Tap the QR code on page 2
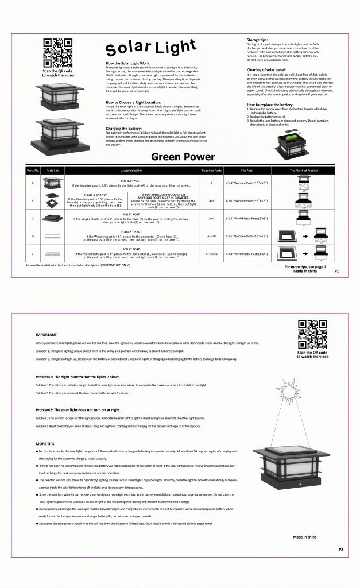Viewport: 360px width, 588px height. tap(312, 334)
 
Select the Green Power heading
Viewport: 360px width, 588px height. tap(183, 157)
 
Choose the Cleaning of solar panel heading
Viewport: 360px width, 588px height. tap(269, 69)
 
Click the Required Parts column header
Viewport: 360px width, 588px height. tap(211, 171)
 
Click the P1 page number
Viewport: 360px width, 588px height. tap(337, 272)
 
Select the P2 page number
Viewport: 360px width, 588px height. tap(340, 549)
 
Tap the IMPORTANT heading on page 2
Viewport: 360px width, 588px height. tap(46, 334)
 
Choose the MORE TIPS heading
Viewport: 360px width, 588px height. tap(46, 444)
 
